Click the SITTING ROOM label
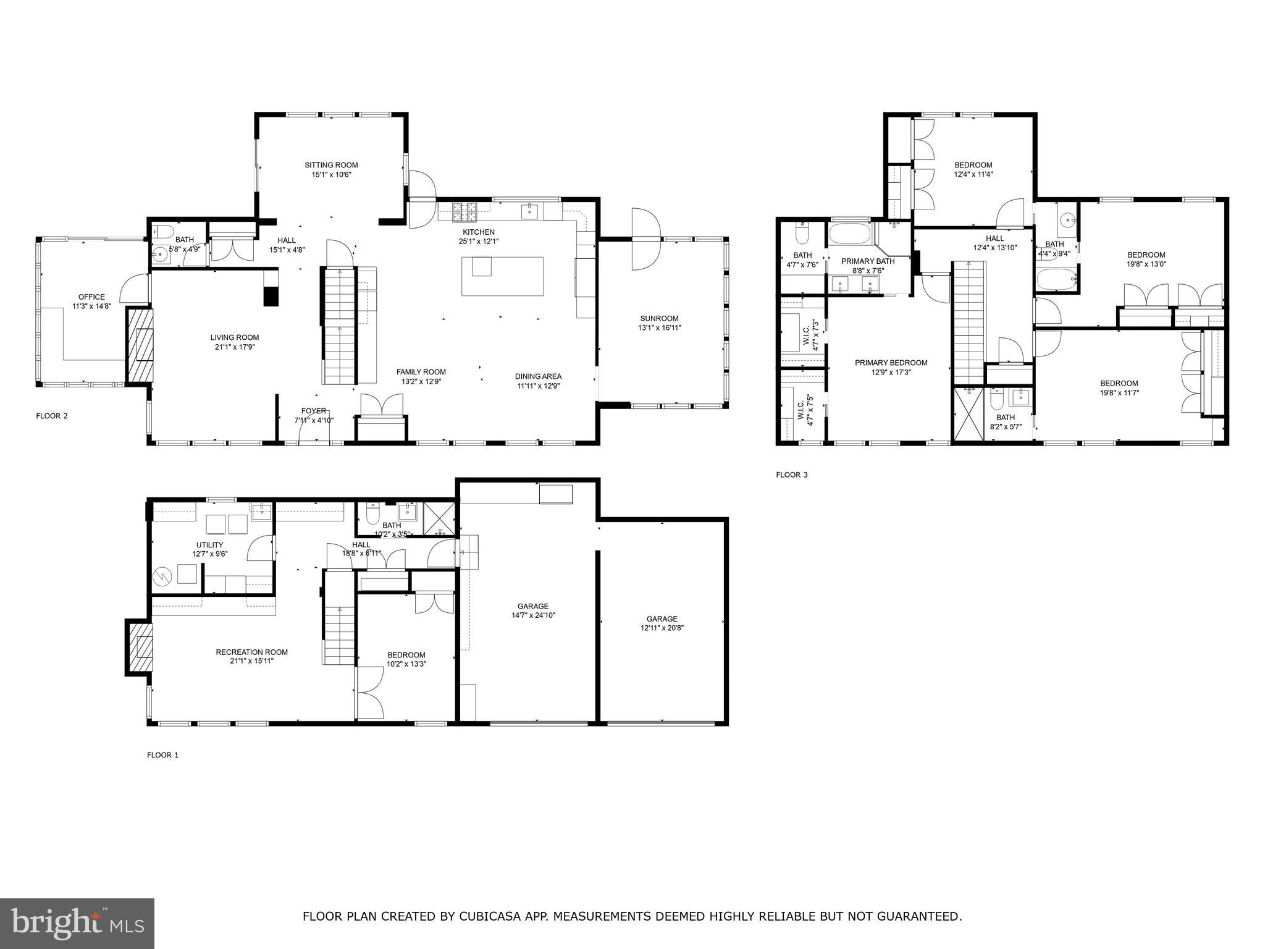point(331,165)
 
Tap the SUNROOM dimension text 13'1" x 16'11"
point(660,328)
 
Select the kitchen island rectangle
point(502,276)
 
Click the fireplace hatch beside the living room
point(141,345)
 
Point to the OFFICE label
point(91,297)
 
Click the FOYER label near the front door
point(313,411)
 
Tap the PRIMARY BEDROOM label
point(891,363)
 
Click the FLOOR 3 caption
point(791,474)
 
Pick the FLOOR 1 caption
point(162,754)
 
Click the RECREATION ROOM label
point(251,652)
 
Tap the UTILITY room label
point(209,545)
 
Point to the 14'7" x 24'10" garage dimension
point(532,615)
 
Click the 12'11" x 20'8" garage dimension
point(662,628)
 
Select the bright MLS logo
point(77,924)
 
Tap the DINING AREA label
point(538,376)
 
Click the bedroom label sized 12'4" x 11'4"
point(973,165)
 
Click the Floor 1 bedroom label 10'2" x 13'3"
point(406,655)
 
